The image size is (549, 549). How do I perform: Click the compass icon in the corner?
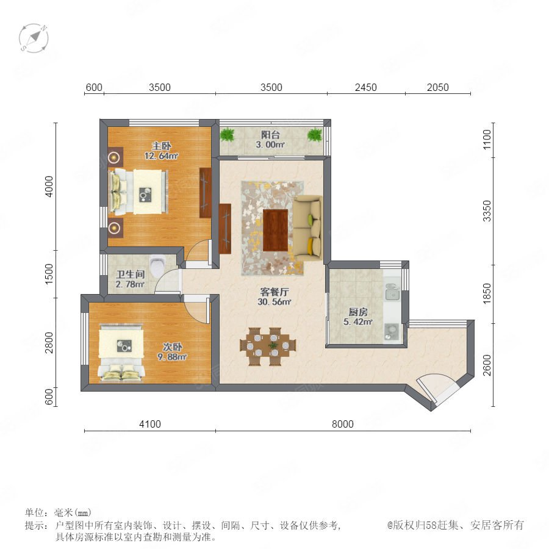coord(34,38)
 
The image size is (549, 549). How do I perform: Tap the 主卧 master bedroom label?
coord(161,146)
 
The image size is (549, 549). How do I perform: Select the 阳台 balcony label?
coord(270,135)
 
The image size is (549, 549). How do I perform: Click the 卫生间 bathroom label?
coord(131,274)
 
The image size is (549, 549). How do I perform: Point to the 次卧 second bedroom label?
coord(172,346)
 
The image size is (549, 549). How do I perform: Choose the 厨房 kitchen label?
coord(358,312)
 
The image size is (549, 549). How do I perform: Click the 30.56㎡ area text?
coord(274,302)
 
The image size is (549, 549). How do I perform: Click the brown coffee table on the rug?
coord(276,230)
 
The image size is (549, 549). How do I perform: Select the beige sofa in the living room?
coord(307,228)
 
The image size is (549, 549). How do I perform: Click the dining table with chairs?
coord(268,346)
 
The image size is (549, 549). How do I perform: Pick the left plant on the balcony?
coord(228,134)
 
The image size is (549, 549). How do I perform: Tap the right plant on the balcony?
coord(315,135)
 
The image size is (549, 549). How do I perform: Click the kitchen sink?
coord(392,292)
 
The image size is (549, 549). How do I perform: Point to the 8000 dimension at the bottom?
coord(343,424)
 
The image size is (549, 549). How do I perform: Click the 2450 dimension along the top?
coord(366,87)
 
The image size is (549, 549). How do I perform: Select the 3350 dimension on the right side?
coord(487,211)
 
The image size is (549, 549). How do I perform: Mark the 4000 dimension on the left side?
coord(49,187)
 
